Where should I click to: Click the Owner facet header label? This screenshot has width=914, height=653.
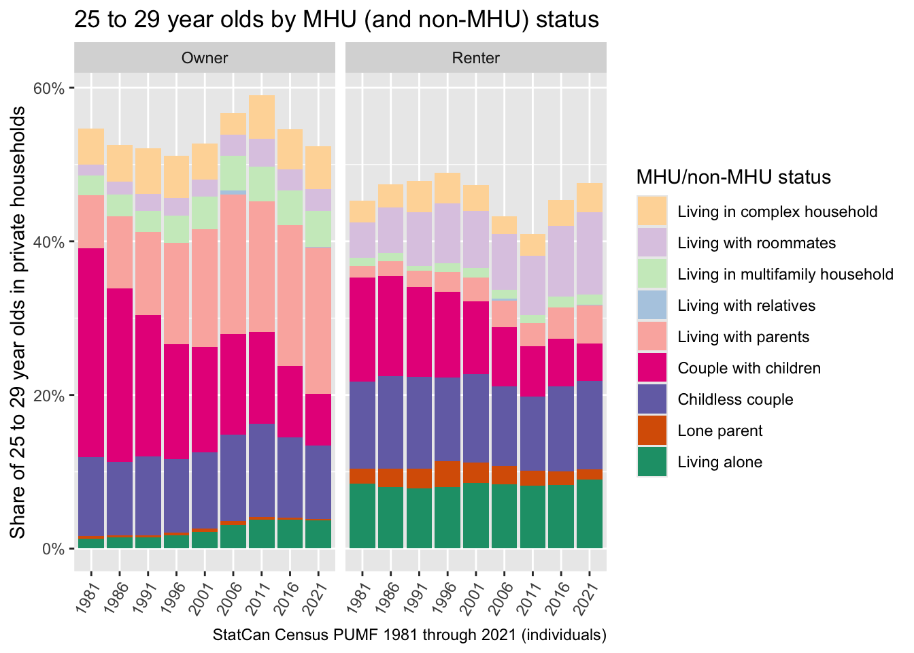click(x=205, y=58)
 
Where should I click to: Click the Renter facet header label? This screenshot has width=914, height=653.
click(x=475, y=58)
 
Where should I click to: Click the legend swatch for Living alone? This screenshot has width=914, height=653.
click(x=652, y=462)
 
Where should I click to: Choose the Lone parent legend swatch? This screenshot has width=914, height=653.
click(x=652, y=431)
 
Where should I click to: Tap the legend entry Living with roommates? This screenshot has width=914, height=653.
click(x=756, y=243)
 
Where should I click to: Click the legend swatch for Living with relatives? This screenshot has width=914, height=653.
click(x=652, y=305)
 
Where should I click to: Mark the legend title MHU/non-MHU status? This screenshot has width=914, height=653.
click(x=733, y=178)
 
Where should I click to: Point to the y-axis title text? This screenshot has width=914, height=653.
click(x=18, y=322)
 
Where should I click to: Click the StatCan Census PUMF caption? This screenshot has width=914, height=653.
click(x=409, y=635)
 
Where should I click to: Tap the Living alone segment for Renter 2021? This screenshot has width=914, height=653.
click(x=589, y=514)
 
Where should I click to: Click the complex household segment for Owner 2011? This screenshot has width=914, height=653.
click(x=261, y=117)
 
